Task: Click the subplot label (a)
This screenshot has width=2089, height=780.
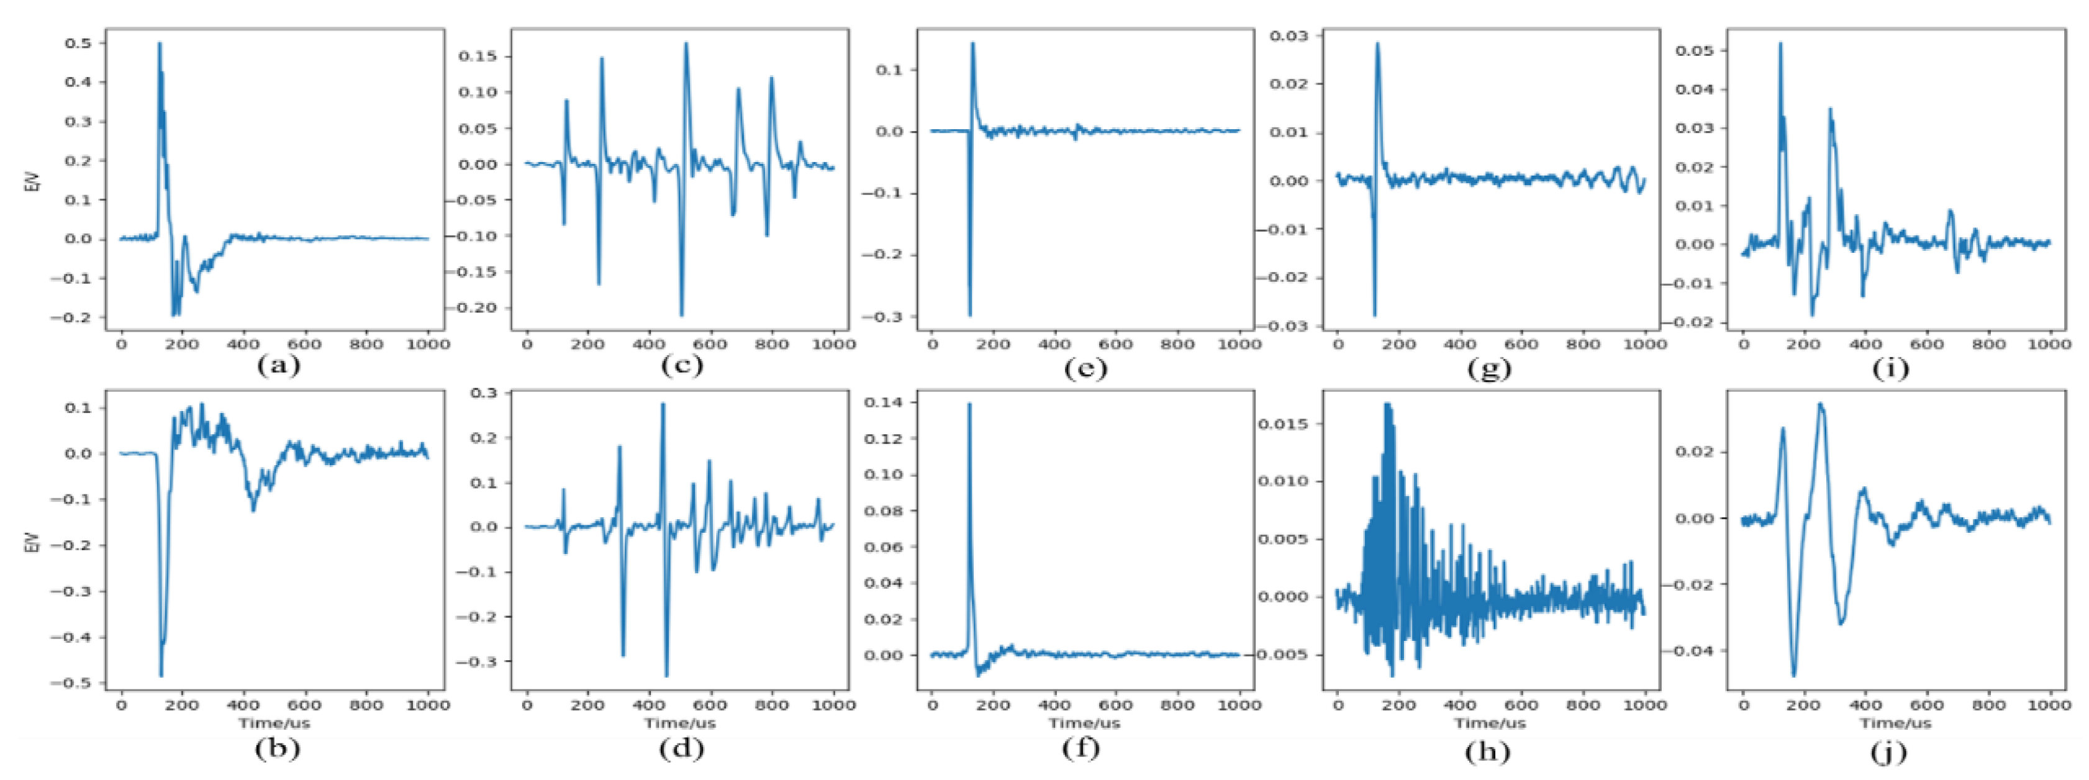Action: pos(278,366)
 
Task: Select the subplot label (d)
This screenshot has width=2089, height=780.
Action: pos(681,748)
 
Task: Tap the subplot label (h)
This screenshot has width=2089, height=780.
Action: pos(1487,751)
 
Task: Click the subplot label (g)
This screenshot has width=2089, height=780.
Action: pos(1489,369)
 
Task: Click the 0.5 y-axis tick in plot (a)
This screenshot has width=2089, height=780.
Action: pos(79,43)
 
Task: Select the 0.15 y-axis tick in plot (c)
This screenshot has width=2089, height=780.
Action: pos(478,56)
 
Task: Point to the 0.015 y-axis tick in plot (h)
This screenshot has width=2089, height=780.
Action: pos(1284,424)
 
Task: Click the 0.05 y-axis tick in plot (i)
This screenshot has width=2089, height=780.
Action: pos(1695,50)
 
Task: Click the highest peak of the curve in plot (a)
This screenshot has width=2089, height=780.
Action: pos(159,44)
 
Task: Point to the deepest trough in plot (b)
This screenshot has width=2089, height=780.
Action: pos(161,676)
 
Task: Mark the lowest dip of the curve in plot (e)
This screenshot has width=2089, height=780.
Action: pos(969,315)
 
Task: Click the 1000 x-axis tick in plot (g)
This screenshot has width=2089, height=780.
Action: pos(1644,344)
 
